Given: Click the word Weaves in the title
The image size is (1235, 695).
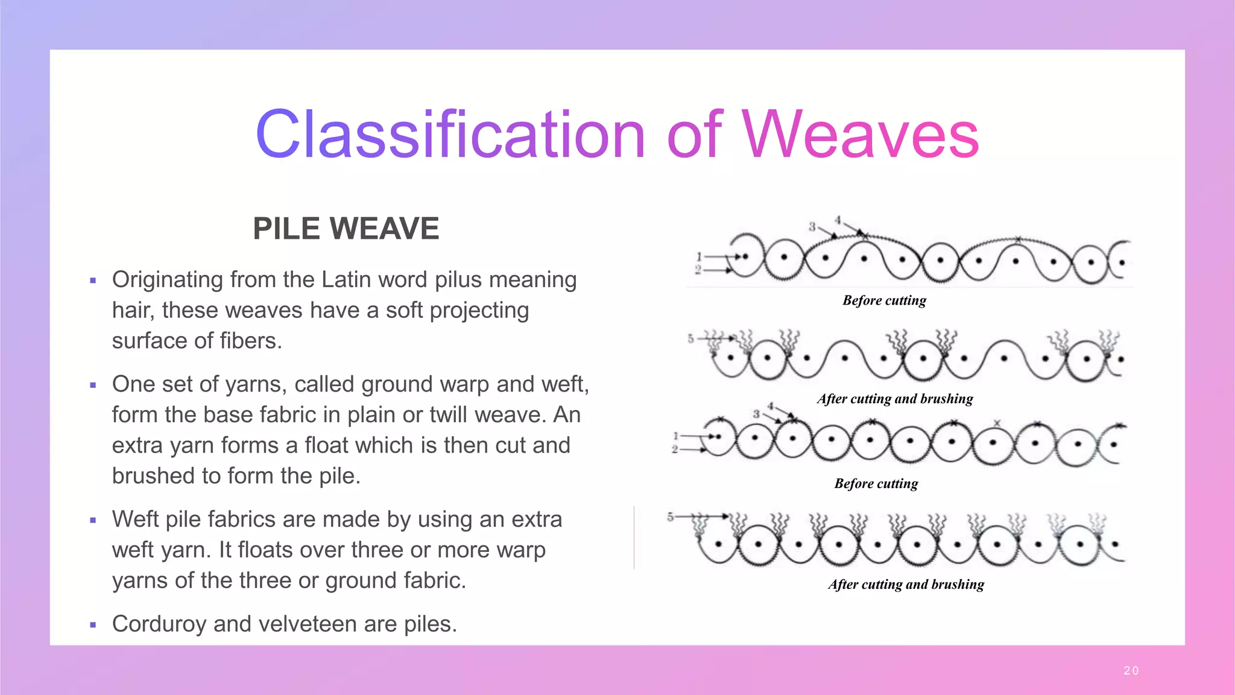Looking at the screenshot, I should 861,135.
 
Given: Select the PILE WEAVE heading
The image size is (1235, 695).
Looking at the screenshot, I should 346,229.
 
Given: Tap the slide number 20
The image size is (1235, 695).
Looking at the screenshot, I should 1131,670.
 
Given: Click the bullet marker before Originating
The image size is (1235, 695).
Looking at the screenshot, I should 93,281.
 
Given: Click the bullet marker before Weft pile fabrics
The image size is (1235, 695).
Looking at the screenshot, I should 93,520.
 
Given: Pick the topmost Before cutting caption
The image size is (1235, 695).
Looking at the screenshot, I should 884,300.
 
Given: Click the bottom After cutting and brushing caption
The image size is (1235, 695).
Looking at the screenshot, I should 906,585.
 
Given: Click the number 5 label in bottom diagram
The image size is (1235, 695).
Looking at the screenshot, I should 670,517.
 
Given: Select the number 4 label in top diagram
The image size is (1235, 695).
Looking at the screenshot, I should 838,220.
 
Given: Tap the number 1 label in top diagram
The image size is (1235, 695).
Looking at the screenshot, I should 699,256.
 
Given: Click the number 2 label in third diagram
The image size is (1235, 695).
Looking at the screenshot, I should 675,449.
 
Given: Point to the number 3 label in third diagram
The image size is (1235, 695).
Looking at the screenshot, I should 756,414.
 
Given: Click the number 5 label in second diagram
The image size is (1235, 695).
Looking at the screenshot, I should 690,338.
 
